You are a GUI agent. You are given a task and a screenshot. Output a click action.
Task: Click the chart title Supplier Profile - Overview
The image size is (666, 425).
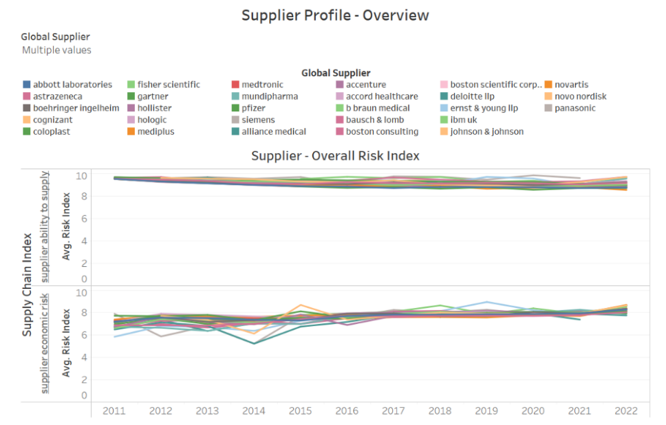click(x=335, y=15)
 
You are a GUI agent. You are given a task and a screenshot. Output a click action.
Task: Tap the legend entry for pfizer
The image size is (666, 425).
click(x=253, y=108)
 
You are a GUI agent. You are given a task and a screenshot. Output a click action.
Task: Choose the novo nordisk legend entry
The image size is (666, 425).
click(x=580, y=96)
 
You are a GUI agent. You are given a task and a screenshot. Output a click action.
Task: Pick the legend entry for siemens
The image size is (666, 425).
click(x=258, y=120)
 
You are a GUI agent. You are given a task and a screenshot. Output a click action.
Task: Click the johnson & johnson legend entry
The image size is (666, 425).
click(x=486, y=131)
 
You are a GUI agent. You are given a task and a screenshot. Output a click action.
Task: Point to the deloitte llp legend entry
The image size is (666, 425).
click(x=472, y=96)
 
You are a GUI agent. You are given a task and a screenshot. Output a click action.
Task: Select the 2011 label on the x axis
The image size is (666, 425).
click(x=114, y=411)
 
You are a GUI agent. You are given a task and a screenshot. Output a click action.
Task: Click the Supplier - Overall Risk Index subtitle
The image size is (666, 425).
click(x=335, y=156)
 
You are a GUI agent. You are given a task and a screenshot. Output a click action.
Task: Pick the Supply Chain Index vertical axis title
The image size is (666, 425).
click(x=28, y=283)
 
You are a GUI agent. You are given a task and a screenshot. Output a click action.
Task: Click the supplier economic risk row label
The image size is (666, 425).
click(x=45, y=342)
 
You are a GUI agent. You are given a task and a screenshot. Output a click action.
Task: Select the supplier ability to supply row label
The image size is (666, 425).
click(x=45, y=227)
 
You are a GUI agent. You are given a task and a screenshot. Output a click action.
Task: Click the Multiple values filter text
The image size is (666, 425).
click(x=56, y=50)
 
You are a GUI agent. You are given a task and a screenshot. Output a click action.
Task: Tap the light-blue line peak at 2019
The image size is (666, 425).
click(x=487, y=302)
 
